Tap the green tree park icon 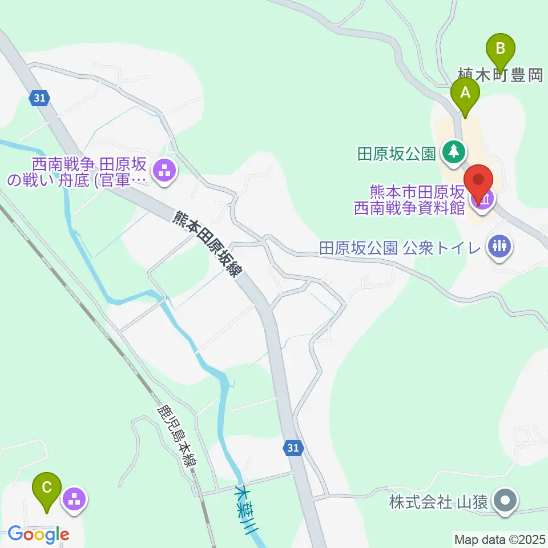coord(454,152)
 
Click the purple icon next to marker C coord(75,499)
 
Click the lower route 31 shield coord(292,449)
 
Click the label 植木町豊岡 coord(501,75)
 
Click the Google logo coord(38,534)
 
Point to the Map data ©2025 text coord(499,538)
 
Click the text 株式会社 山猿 coord(438,502)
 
